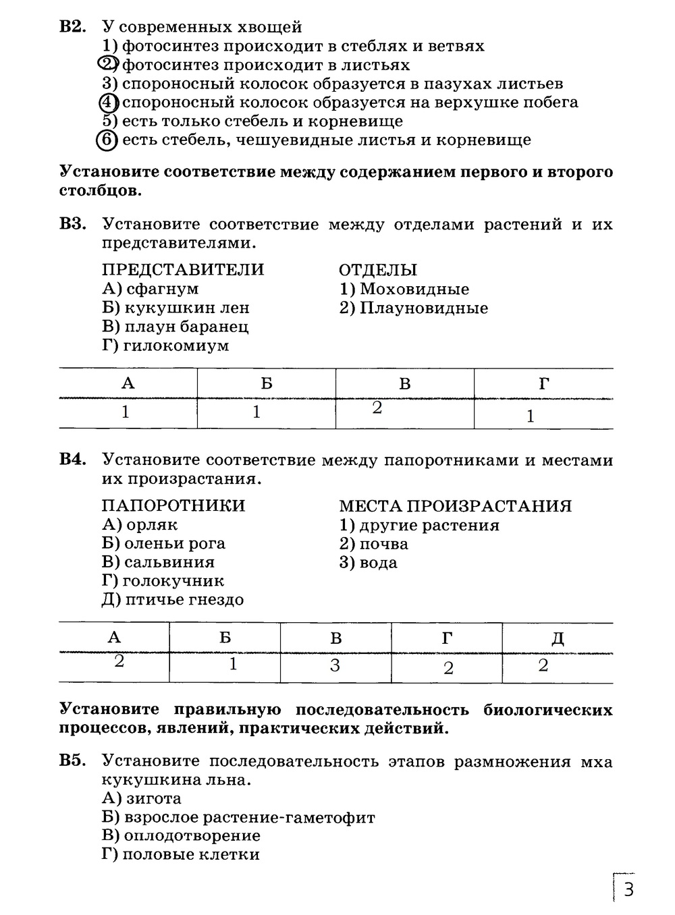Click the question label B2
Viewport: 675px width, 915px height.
click(73, 28)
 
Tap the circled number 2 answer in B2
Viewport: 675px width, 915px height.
click(107, 65)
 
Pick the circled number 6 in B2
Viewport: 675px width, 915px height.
click(107, 140)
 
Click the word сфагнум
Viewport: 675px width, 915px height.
click(163, 289)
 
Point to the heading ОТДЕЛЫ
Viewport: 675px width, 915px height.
click(378, 270)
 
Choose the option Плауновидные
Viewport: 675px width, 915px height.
click(423, 308)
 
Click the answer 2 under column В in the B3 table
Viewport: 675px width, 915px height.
click(377, 408)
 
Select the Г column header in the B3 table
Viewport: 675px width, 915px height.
click(544, 384)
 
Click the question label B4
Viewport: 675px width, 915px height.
click(73, 460)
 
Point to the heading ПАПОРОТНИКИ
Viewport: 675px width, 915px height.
click(173, 505)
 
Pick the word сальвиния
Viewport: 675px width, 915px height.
click(169, 562)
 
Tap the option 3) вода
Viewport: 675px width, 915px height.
click(369, 563)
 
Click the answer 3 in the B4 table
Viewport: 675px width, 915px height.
click(335, 666)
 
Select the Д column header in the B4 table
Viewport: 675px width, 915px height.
click(558, 638)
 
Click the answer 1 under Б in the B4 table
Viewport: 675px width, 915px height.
click(233, 664)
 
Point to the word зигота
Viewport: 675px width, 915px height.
click(153, 798)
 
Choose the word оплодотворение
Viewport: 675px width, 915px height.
click(192, 835)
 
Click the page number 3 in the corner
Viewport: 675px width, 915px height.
click(628, 889)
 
